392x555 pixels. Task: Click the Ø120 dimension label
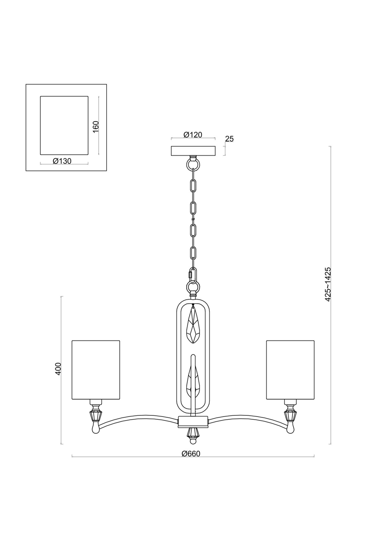click(192, 135)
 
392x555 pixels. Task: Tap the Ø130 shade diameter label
click(62, 161)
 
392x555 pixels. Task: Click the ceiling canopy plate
click(193, 151)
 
